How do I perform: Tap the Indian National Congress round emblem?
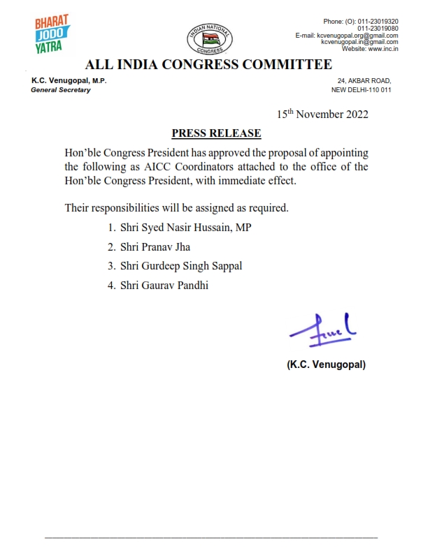[x=205, y=38]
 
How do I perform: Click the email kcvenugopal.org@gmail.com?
[x=357, y=36]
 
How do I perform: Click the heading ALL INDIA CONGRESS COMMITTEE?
[x=208, y=66]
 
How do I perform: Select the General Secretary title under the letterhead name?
[x=61, y=90]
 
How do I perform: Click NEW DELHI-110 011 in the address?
[x=361, y=90]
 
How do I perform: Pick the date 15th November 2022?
[x=322, y=114]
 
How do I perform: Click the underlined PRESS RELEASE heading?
[x=216, y=133]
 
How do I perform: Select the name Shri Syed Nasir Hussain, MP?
[x=186, y=228]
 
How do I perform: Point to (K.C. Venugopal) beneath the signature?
[x=326, y=364]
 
